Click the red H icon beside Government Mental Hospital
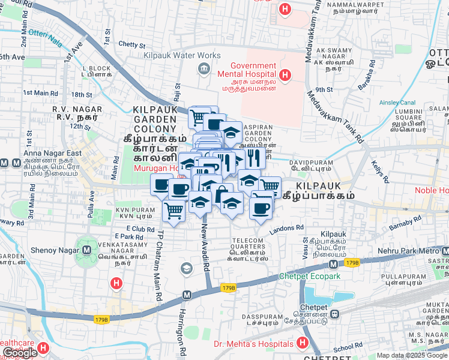click(x=285, y=76)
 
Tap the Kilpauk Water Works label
click(x=182, y=55)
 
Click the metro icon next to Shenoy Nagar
click(x=87, y=250)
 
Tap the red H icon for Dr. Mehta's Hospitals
click(x=303, y=344)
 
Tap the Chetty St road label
click(x=132, y=44)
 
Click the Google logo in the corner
click(x=20, y=353)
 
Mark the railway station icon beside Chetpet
click(x=336, y=314)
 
